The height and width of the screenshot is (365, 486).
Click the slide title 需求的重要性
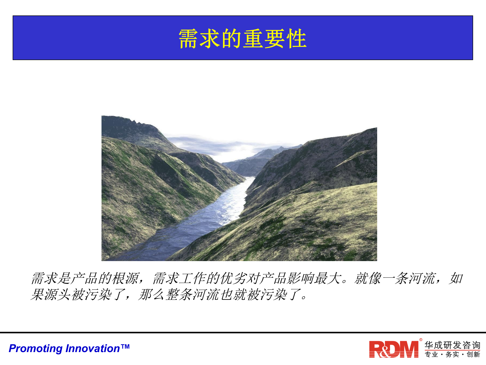pos(242,39)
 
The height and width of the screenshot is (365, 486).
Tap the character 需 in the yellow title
pos(189,39)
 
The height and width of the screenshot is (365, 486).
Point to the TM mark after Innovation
pos(125,346)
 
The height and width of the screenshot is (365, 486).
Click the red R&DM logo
pos(394,350)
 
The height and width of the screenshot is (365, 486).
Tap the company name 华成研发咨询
pos(452,345)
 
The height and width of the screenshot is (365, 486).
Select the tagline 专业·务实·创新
pos(452,354)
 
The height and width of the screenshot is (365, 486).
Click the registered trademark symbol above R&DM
pos(421,340)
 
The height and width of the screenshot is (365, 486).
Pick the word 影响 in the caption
pos(301,278)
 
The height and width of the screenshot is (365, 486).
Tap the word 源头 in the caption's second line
pos(57,295)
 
